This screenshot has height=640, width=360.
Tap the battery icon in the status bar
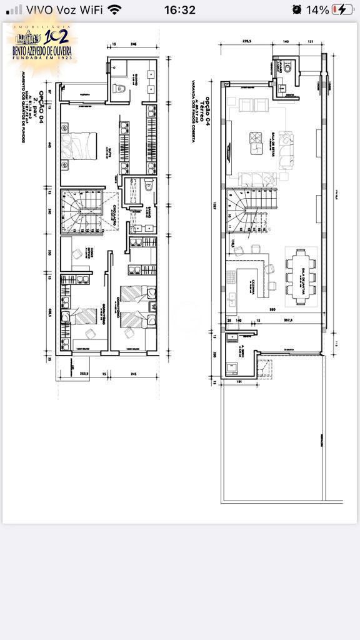coord(342,9)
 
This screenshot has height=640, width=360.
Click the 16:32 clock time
coord(180,9)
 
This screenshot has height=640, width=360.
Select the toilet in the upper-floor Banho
coord(148,186)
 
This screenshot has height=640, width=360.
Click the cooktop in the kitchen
coord(231,276)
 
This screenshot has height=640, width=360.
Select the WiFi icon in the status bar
coord(114,9)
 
